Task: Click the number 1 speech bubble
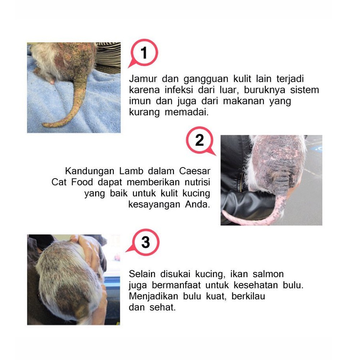[x=144, y=53]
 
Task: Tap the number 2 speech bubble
[x=200, y=140]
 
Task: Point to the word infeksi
[x=179, y=90]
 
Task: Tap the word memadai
[x=186, y=112]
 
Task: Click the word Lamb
[x=131, y=171]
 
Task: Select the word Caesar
[x=195, y=171]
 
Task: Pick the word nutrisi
[x=197, y=182]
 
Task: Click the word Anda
[x=197, y=204]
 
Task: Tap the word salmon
[x=268, y=274]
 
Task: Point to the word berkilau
[x=248, y=296]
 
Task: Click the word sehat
[x=163, y=307]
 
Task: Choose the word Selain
[x=142, y=274]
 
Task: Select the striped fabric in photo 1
[x=108, y=54]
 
